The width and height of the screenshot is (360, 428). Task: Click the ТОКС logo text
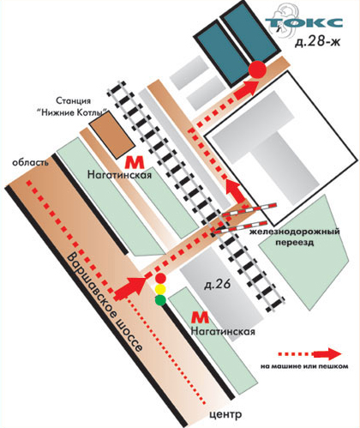(x=304, y=22)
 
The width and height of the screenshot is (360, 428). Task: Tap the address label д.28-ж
(x=318, y=42)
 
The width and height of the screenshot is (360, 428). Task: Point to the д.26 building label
(x=218, y=285)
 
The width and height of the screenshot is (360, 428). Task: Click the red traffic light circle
(x=160, y=278)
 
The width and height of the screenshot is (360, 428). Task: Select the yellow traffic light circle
(x=160, y=289)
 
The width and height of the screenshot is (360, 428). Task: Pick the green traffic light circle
(x=160, y=300)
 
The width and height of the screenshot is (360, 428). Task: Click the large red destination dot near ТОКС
(x=257, y=69)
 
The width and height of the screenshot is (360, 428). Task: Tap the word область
(x=30, y=162)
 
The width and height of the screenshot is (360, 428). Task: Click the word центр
(x=225, y=414)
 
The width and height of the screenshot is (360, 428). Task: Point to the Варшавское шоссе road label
(x=105, y=303)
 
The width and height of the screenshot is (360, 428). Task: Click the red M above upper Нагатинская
(x=135, y=163)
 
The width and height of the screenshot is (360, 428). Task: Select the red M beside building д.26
(x=201, y=317)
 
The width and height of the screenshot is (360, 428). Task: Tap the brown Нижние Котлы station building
(x=112, y=134)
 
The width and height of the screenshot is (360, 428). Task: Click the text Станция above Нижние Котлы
(x=73, y=101)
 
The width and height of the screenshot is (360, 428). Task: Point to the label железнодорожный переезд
(x=295, y=237)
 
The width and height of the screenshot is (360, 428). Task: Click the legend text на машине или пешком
(x=304, y=366)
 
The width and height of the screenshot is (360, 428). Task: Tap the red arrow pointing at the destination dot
(x=247, y=89)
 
